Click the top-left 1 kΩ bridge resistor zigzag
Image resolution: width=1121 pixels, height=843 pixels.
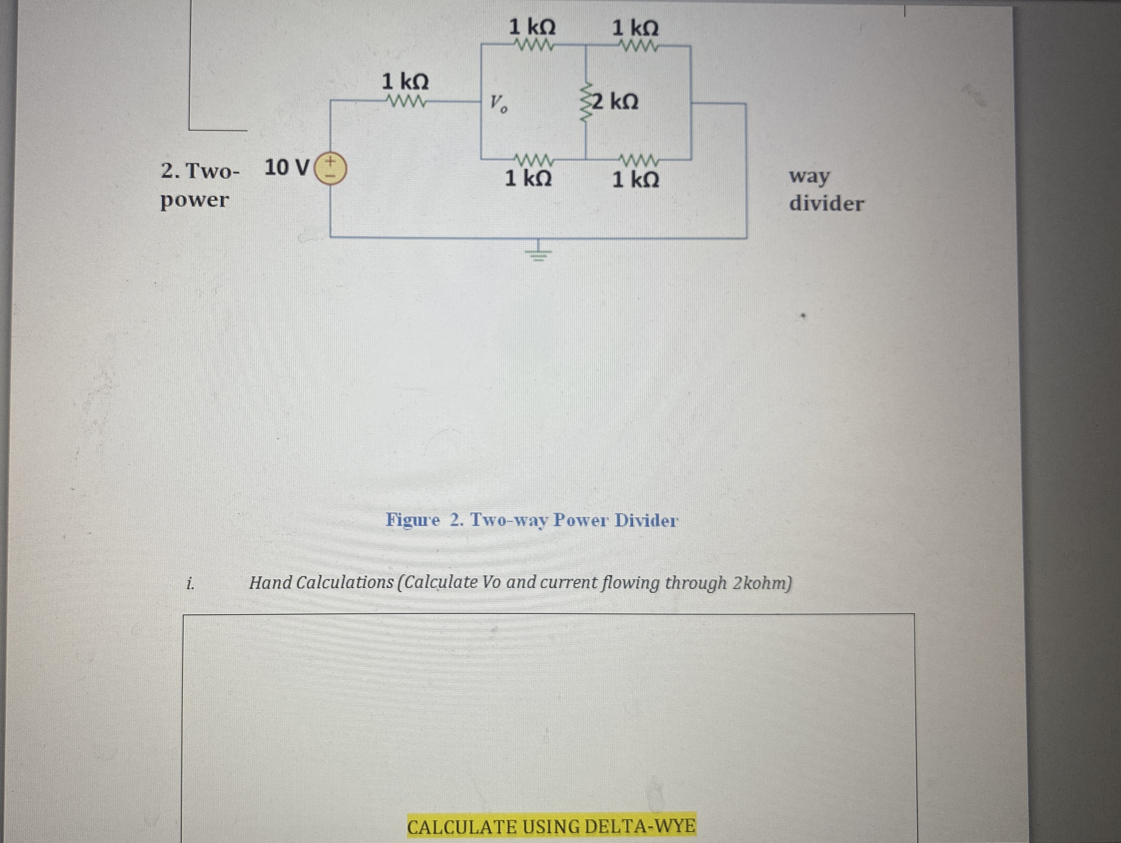pyautogui.click(x=533, y=45)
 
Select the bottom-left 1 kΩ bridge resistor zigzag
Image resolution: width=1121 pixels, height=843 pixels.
pyautogui.click(x=533, y=161)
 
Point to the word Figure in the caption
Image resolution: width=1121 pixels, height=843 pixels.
pyautogui.click(x=413, y=520)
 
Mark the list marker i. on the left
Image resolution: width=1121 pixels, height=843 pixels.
pyautogui.click(x=190, y=584)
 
